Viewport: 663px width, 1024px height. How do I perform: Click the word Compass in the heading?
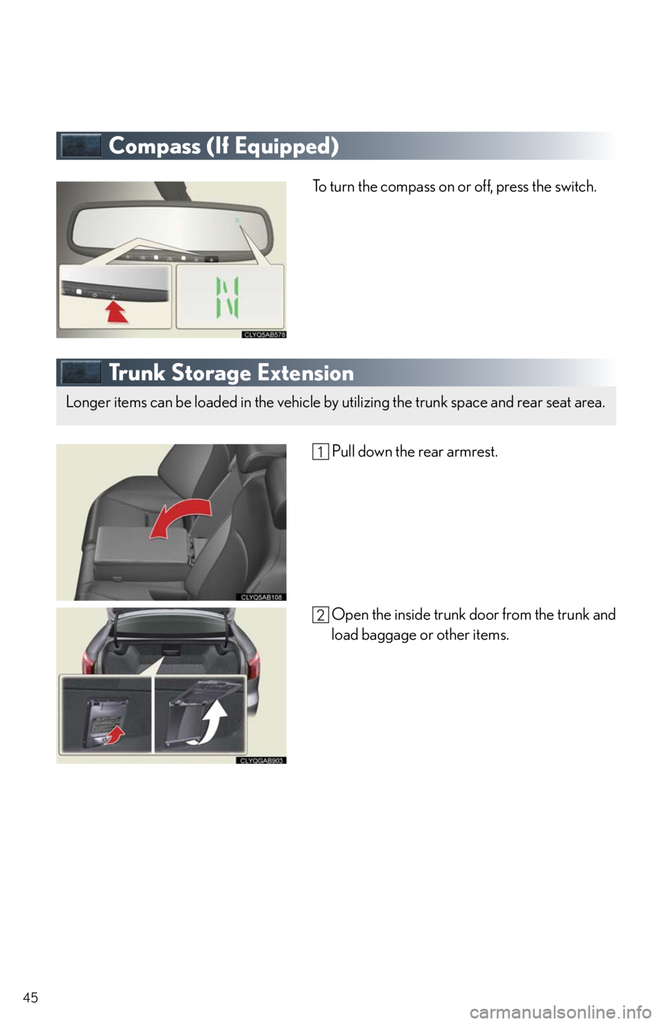click(x=154, y=146)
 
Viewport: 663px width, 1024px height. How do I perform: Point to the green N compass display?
click(x=227, y=297)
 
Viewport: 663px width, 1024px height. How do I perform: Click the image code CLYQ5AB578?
click(x=264, y=334)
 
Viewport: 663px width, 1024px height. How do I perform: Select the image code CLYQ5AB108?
click(x=261, y=597)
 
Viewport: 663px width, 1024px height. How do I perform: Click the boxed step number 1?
click(x=320, y=452)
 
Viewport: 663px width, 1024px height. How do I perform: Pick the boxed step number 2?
click(x=320, y=616)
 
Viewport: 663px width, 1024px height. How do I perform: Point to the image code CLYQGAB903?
click(x=261, y=760)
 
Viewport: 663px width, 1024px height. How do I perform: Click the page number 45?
click(x=30, y=998)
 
